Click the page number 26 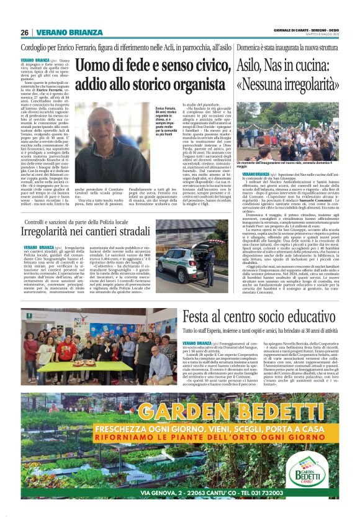24,32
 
